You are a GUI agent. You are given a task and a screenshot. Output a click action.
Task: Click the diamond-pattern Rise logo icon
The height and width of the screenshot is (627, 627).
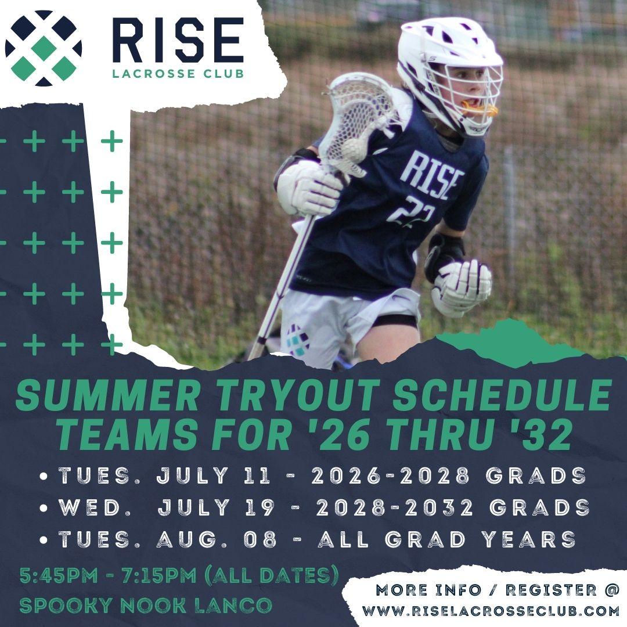point(44,48)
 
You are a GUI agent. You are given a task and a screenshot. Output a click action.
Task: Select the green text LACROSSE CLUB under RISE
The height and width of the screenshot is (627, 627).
point(178,74)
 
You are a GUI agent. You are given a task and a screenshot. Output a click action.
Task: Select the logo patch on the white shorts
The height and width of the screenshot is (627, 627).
point(298,340)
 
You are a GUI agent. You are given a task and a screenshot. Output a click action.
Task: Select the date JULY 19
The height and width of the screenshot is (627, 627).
point(216,508)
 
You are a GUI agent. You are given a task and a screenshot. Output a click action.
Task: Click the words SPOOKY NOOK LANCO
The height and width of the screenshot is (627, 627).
point(145,605)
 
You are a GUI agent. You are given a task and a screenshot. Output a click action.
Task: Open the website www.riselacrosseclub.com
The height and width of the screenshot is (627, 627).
point(491,611)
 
